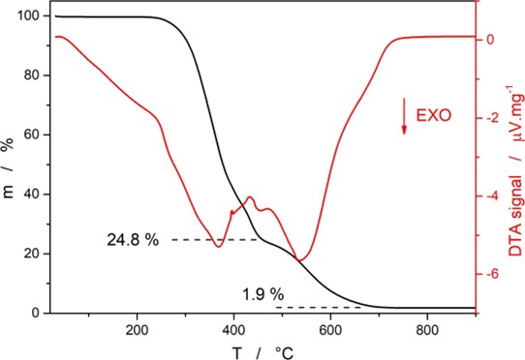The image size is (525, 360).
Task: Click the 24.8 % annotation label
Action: (x=133, y=239)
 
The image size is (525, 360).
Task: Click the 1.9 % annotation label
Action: (x=261, y=293)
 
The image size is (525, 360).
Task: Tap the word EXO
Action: (x=433, y=114)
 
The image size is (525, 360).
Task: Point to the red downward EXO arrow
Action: (x=404, y=115)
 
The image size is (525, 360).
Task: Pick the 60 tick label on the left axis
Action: (x=29, y=135)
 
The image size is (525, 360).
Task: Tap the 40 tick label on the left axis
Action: (x=29, y=195)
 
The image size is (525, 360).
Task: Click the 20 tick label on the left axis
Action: (x=29, y=254)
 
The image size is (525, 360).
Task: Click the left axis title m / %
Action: (x=8, y=163)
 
